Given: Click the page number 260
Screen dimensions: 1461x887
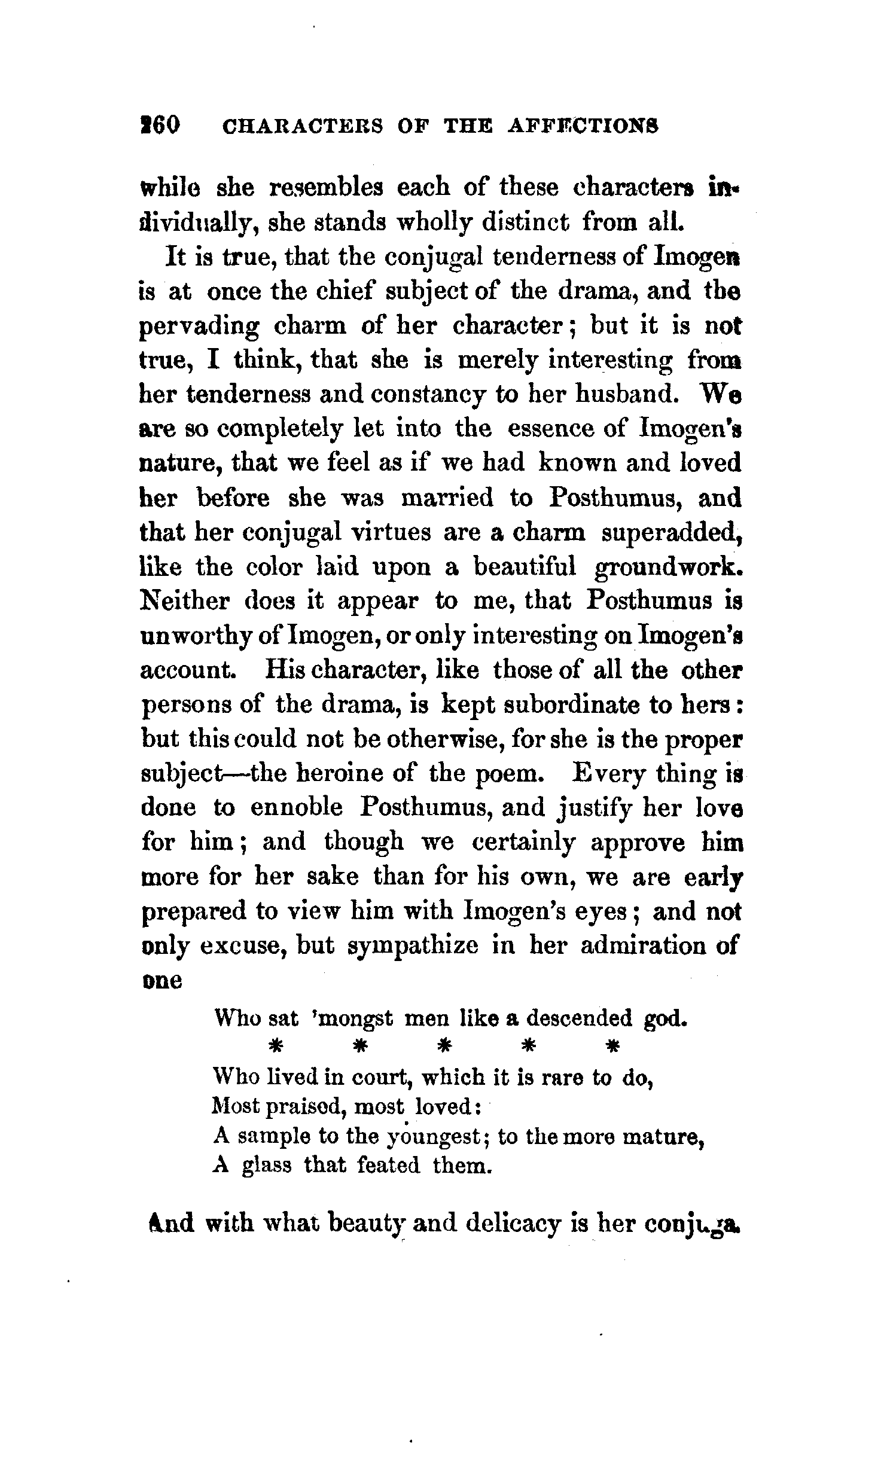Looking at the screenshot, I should point(160,126).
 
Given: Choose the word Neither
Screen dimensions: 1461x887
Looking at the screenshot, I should point(184,601).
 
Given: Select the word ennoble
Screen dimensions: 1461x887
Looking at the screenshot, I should point(296,808).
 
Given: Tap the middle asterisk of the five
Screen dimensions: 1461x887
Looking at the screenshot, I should point(443,1047).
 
